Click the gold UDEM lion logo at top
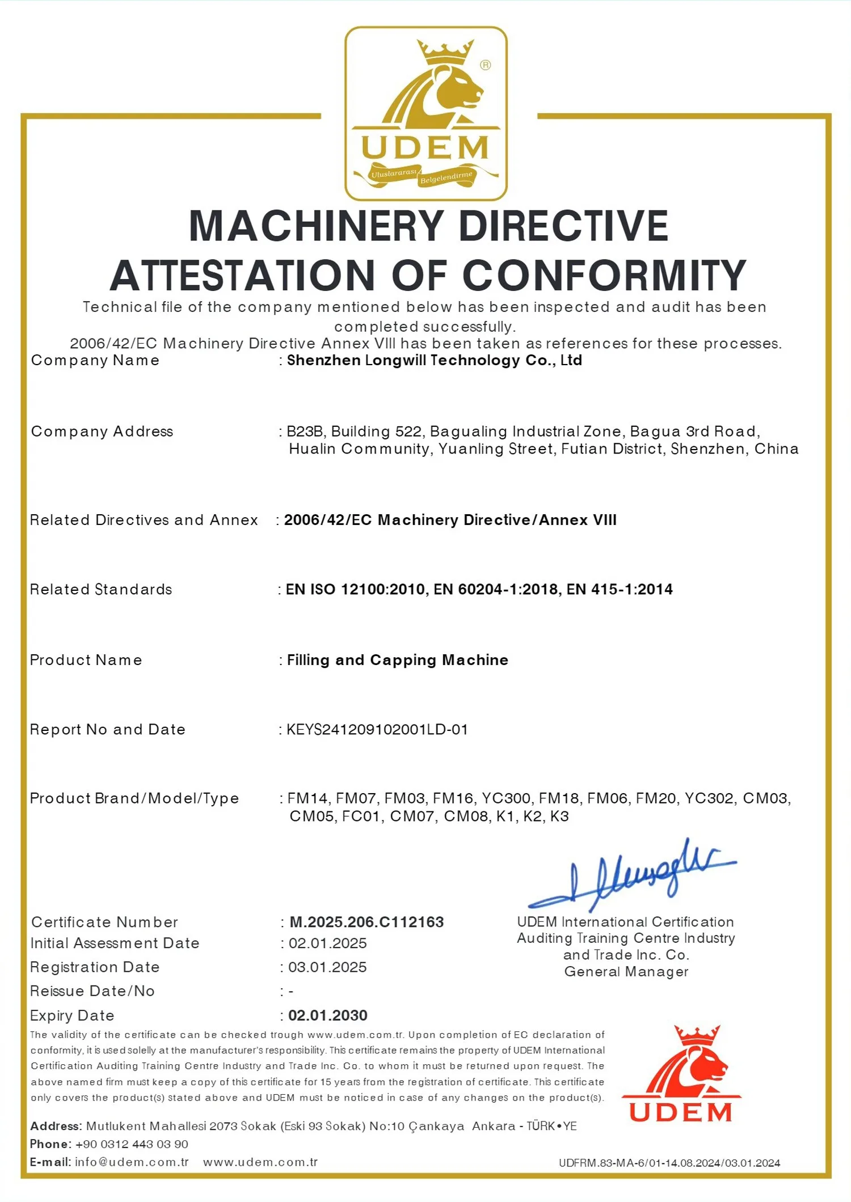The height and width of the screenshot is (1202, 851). point(425,113)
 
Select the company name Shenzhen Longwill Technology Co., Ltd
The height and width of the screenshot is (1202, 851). point(435,361)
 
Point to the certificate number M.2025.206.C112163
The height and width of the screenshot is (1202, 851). point(366,922)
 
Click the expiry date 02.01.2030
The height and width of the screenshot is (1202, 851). point(328,1015)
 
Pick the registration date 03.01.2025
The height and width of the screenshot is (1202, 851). point(327,967)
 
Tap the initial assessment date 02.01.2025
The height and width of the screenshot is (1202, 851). point(327,943)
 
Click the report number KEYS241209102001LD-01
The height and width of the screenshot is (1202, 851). point(377,729)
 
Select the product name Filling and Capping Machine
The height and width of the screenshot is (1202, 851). point(397,660)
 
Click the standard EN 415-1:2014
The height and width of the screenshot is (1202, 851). point(620,590)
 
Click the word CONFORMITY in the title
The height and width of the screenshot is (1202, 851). point(604,276)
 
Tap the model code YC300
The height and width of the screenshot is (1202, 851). point(506,798)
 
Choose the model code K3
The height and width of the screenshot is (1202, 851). point(559,816)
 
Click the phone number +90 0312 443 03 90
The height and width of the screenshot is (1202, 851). point(132,1144)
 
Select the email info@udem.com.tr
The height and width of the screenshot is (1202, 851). point(132,1162)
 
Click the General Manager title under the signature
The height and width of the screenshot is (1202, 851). point(626,971)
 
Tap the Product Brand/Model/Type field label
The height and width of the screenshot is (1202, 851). point(134,798)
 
